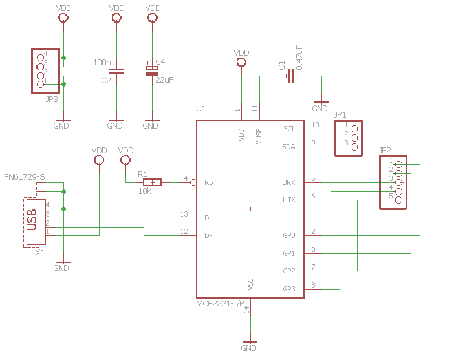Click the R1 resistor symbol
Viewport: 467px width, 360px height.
152,182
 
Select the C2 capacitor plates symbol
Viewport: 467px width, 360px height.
116,71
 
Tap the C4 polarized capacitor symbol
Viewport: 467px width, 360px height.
152,70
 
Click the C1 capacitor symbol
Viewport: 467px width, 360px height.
290,76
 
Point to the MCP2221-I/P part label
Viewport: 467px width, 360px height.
220,304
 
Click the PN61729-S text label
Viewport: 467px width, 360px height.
25,177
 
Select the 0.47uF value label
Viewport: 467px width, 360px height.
299,58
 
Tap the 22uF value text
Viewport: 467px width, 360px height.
164,79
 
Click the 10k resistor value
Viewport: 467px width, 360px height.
145,191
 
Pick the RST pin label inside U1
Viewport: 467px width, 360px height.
211,182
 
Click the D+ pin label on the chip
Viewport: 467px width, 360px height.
210,218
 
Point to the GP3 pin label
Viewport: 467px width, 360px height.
289,289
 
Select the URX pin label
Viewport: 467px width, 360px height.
288,182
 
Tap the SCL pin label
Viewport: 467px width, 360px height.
289,129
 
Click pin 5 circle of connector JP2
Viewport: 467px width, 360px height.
398,200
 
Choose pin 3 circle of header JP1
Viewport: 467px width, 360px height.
354,147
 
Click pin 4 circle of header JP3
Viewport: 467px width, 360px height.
40,58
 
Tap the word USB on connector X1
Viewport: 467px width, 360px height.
32,220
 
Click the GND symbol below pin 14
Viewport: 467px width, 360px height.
250,346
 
